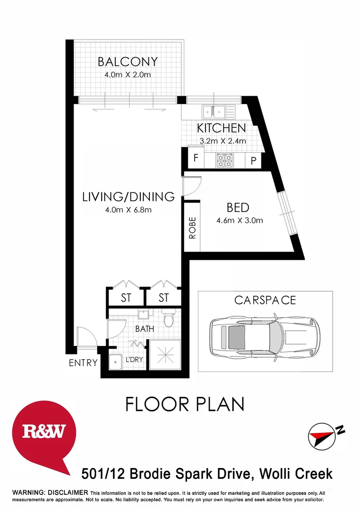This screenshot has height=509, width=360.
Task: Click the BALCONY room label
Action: pos(127,62)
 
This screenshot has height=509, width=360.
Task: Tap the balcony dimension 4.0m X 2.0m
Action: pos(127,75)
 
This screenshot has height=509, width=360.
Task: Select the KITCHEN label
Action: pos(221,128)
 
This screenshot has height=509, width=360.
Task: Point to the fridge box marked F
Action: pos(196,158)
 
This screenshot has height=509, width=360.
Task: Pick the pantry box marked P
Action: pos(253,161)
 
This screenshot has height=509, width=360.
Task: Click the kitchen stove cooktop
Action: pos(224,160)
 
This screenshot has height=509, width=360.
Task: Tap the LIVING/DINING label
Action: pos(128,197)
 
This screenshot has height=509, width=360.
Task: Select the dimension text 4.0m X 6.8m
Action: pos(128,210)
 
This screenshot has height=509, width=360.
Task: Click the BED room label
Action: pos(237,207)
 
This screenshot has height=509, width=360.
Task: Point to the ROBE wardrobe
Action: pos(192,228)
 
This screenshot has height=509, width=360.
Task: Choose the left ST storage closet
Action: pos(125,298)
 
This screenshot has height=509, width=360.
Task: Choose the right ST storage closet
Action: pos(163,298)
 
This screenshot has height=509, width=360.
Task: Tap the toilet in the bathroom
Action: pos(168,319)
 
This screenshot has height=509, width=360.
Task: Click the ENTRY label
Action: pos(83,363)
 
